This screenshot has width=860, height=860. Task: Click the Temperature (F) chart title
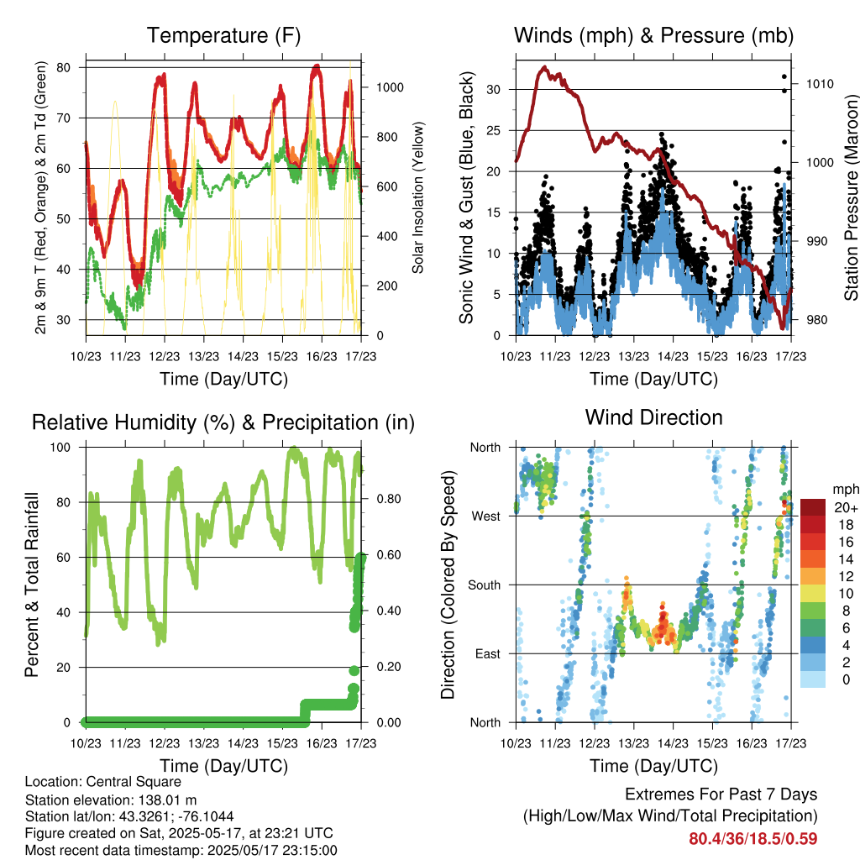tap(223, 35)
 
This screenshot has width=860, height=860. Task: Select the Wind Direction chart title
tap(653, 417)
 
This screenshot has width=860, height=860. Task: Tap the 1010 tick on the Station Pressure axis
tap(820, 84)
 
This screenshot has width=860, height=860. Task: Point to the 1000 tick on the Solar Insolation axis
tap(390, 87)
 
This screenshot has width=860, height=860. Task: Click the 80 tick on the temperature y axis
tap(64, 67)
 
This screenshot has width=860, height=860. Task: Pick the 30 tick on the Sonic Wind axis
tap(494, 89)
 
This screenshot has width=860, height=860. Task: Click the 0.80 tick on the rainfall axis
tap(389, 499)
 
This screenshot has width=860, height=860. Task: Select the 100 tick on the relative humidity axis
tap(60, 448)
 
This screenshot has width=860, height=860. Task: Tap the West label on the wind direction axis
tap(486, 517)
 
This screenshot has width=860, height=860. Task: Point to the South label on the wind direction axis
tap(485, 585)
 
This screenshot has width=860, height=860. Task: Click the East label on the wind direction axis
tap(488, 653)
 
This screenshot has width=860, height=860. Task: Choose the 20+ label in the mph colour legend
tap(846, 508)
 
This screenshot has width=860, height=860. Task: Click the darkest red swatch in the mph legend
tap(813, 508)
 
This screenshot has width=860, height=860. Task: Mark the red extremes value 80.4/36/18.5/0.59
tap(753, 839)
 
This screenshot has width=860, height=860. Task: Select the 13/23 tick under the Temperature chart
tap(203, 356)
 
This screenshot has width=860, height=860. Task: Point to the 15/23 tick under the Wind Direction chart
tap(712, 743)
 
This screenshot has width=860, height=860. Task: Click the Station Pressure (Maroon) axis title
tap(851, 197)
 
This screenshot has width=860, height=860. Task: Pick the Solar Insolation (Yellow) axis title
tap(418, 197)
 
